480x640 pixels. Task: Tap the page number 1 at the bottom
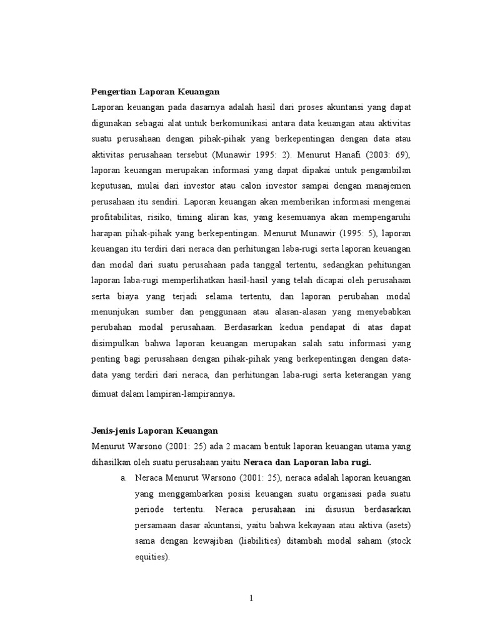(x=251, y=598)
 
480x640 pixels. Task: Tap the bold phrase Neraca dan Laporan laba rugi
(x=307, y=462)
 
